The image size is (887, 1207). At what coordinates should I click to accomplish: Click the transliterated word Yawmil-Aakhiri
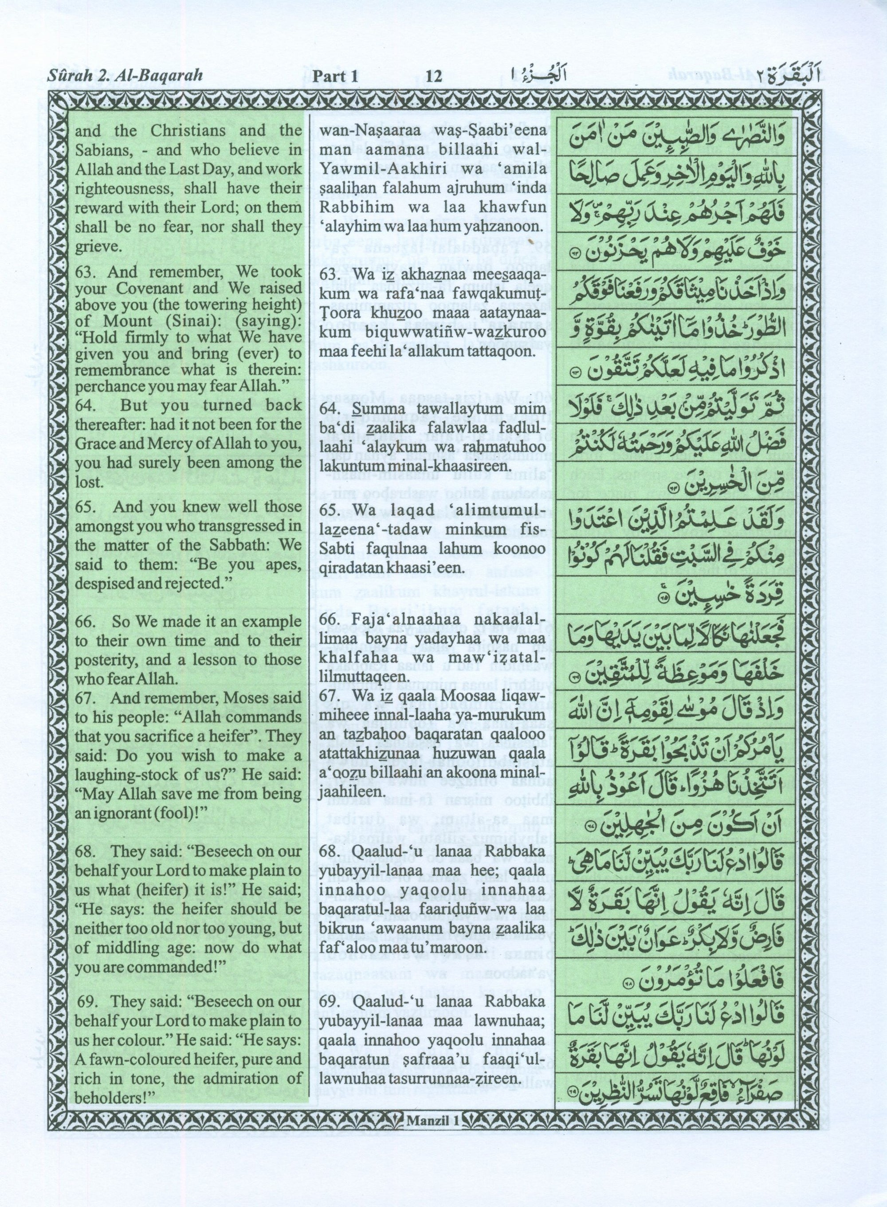(367, 169)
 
